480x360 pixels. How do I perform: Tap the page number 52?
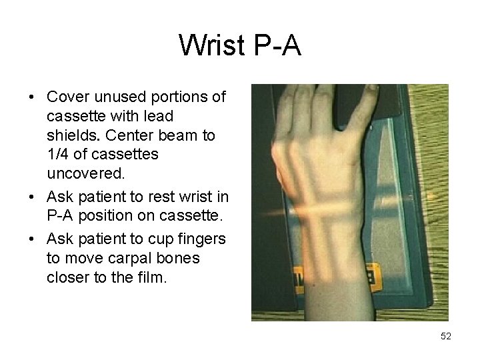pos(446,337)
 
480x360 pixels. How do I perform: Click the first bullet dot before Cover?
pos(32,97)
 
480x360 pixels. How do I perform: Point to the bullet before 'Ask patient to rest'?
pos(32,198)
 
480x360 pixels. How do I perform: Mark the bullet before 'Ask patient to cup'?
pos(32,239)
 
